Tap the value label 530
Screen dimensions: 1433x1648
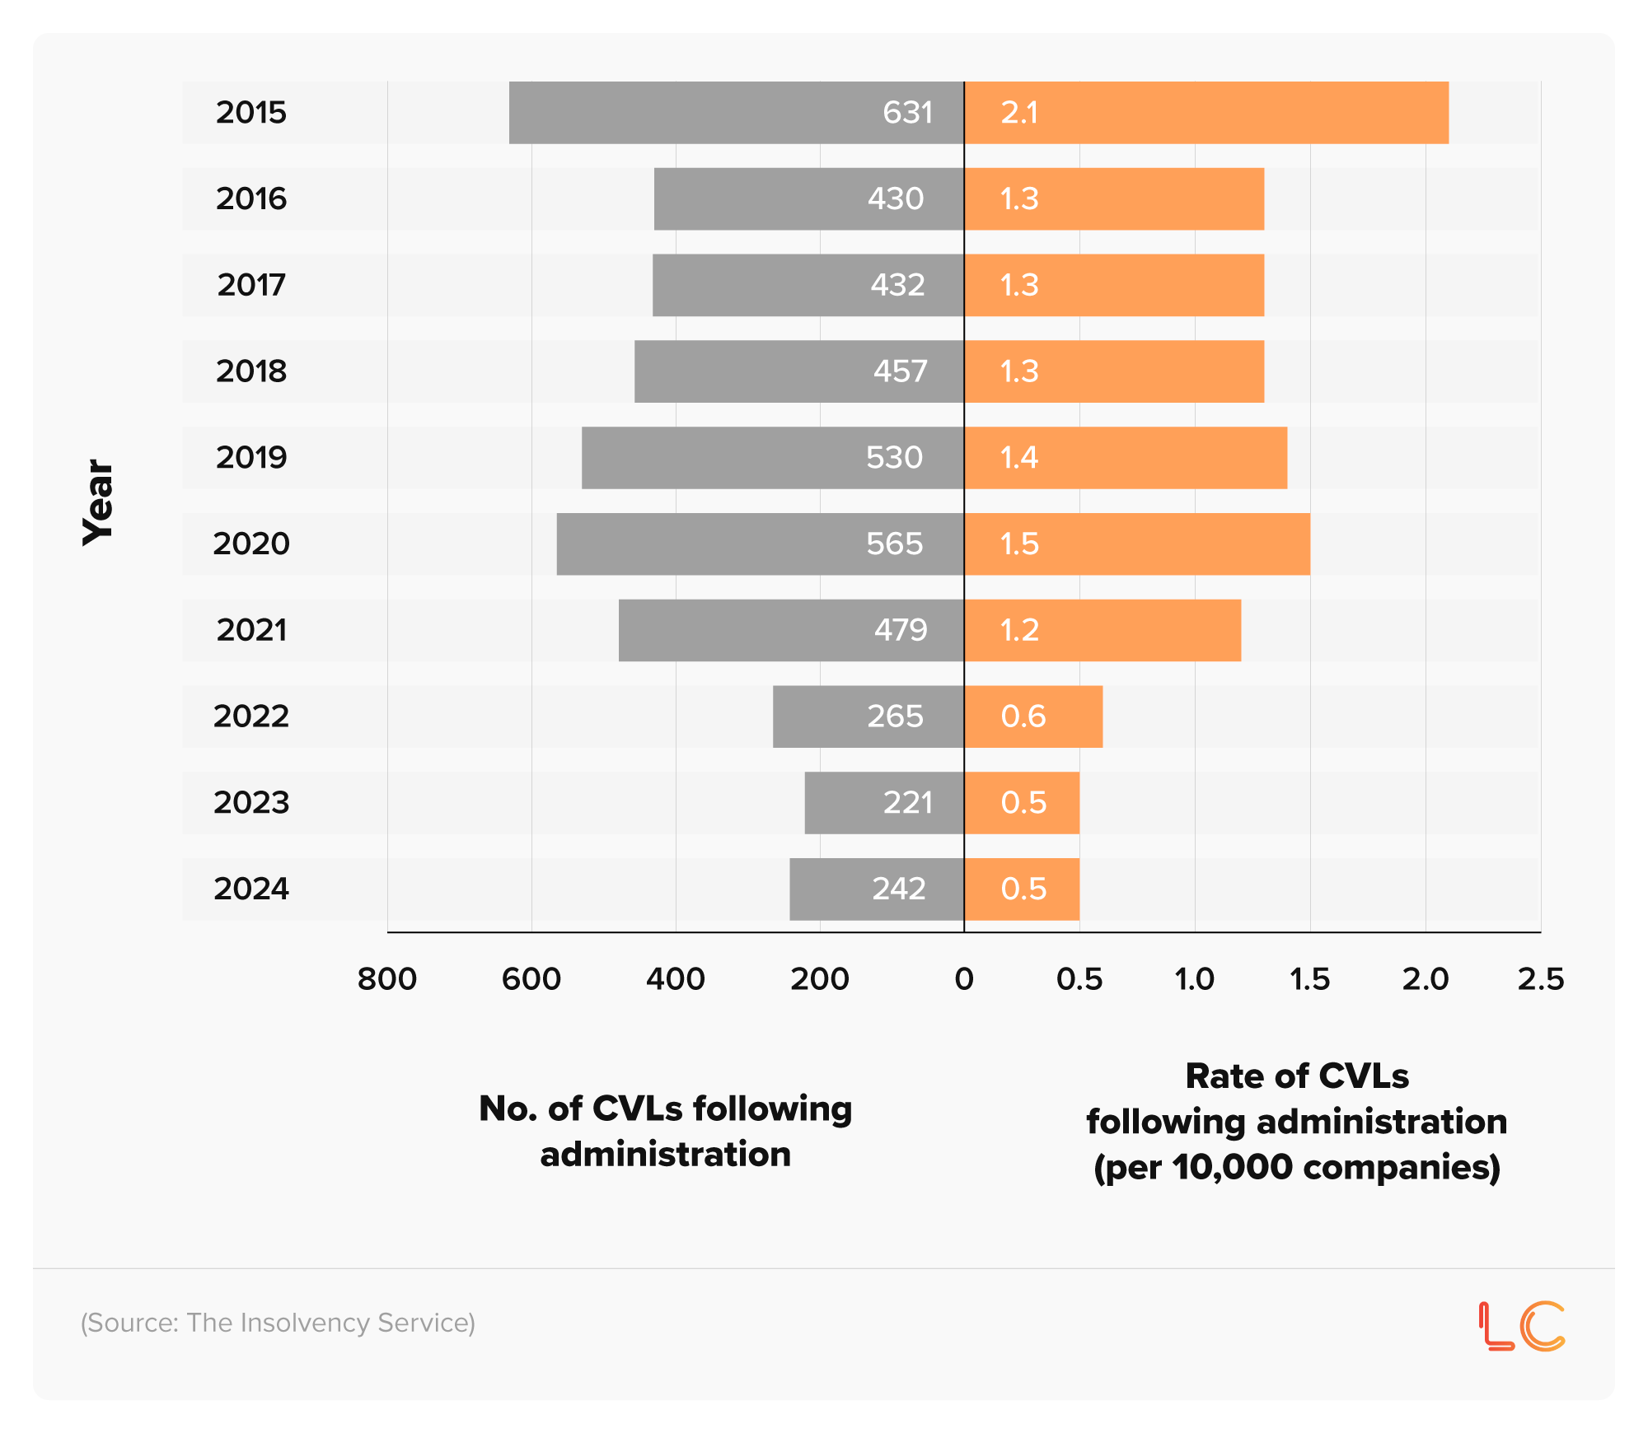tap(894, 458)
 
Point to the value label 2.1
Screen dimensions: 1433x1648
tap(1019, 113)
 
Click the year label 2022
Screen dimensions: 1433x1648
tap(251, 716)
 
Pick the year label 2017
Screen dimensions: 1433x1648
tap(251, 285)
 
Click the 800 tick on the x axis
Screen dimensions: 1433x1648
tap(387, 979)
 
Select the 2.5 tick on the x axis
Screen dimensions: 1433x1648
tap(1540, 979)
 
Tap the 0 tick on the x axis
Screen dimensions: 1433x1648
tap(964, 979)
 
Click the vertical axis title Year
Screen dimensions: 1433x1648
tap(98, 502)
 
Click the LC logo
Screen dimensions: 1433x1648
tap(1521, 1326)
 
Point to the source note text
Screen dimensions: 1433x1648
tap(278, 1323)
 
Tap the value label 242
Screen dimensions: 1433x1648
tap(899, 889)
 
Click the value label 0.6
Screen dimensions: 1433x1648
tap(1023, 716)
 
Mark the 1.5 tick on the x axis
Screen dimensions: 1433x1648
tap(1309, 979)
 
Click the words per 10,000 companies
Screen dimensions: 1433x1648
tap(1297, 1167)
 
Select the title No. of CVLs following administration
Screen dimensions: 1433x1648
tap(665, 1131)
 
